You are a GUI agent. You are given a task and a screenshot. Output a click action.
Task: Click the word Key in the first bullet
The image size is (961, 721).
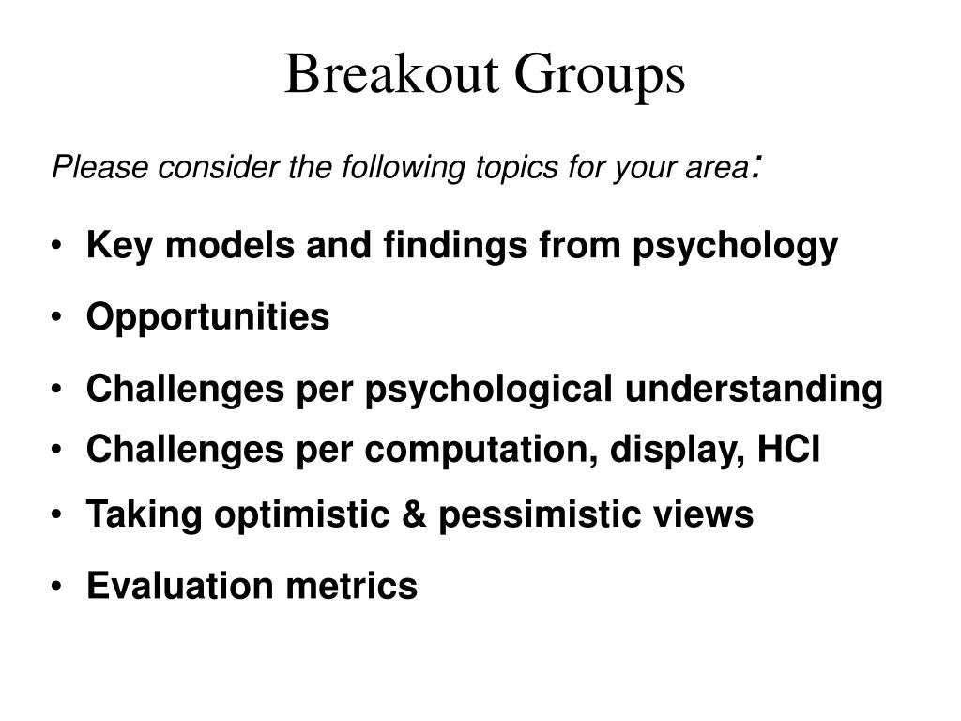[x=111, y=246]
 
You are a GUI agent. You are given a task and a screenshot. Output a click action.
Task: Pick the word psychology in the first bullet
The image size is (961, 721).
[x=735, y=247]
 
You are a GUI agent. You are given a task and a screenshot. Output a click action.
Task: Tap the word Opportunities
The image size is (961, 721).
[x=207, y=317]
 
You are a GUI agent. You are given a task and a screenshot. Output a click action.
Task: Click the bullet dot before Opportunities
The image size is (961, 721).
[x=58, y=318]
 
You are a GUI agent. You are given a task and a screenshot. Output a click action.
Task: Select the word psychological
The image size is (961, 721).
[x=490, y=389]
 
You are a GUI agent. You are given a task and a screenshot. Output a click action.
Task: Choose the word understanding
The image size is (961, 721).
[x=754, y=388]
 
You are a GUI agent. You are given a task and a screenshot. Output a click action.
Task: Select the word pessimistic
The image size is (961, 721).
[x=543, y=514]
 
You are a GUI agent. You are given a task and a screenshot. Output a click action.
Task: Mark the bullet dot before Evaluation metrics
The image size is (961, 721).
[x=58, y=587]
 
